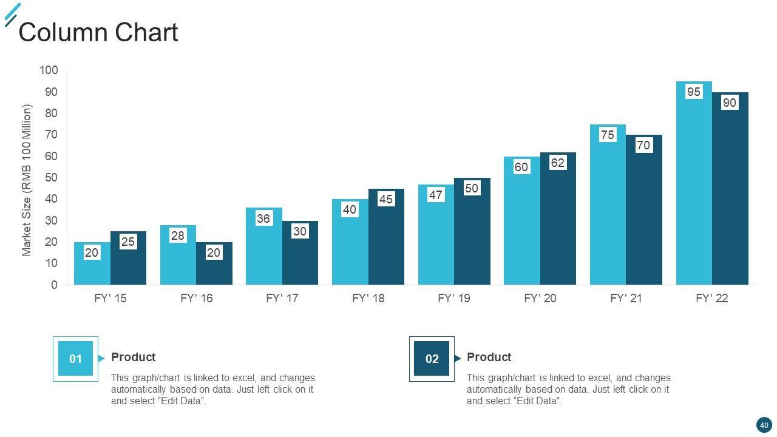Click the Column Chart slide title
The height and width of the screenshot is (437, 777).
click(x=98, y=32)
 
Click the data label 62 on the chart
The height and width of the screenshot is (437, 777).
click(x=557, y=163)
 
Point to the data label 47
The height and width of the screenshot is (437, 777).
click(x=435, y=195)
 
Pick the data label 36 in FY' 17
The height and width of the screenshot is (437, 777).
click(x=263, y=218)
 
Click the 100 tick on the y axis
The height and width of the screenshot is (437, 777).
click(x=49, y=70)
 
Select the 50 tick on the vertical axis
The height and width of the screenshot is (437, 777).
click(x=51, y=178)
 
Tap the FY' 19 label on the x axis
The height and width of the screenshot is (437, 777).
click(x=453, y=299)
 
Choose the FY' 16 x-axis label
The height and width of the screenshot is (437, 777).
click(x=196, y=299)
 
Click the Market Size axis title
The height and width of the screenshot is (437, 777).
click(x=27, y=180)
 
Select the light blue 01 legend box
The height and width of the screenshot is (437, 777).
click(x=75, y=359)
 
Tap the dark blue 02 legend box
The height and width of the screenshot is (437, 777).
click(x=432, y=359)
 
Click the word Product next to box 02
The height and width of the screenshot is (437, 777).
click(x=489, y=357)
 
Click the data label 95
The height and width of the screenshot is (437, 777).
click(x=693, y=92)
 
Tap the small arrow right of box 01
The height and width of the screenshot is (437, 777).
click(x=101, y=358)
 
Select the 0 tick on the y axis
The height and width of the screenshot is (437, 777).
click(x=55, y=285)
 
